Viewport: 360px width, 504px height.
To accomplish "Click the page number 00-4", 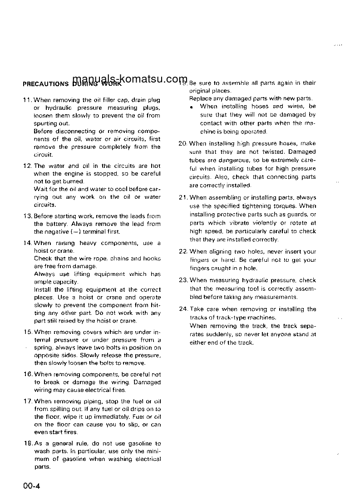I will click(x=33, y=486).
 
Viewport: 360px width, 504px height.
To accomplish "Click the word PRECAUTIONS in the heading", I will click(x=45, y=84).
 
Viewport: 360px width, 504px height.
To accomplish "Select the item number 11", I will click(x=28, y=100).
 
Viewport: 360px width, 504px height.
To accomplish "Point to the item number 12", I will click(x=28, y=166).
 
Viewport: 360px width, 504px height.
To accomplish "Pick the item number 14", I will click(x=28, y=243).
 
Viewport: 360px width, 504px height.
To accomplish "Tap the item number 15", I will click(x=28, y=332).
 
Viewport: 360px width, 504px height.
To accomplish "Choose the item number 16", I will click(x=28, y=374).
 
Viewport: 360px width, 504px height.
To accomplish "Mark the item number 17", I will click(x=28, y=401).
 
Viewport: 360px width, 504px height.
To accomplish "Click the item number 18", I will click(x=28, y=443).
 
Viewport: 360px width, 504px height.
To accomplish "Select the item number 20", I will click(x=183, y=143).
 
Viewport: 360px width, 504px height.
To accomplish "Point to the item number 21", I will click(x=183, y=197).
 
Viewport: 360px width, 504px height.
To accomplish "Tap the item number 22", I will click(x=183, y=251).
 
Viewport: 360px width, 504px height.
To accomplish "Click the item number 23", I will click(x=183, y=280).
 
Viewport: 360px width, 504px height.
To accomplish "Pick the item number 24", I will click(x=183, y=309).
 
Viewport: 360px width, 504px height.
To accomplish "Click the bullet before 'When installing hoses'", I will click(x=192, y=107).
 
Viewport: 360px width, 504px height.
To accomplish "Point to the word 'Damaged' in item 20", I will click(x=302, y=152).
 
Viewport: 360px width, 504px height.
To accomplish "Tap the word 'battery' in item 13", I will click(x=55, y=224).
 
